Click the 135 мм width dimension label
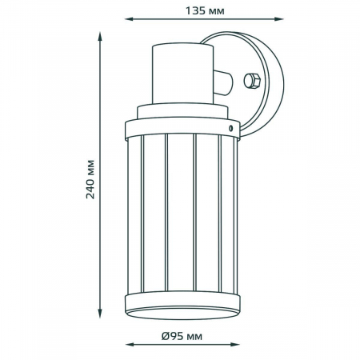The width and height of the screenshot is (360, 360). pyautogui.click(x=205, y=11)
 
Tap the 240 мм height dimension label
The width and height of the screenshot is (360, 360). pyautogui.click(x=90, y=179)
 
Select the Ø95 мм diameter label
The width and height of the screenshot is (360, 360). pyautogui.click(x=182, y=336)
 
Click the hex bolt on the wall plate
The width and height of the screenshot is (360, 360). pyautogui.click(x=252, y=81)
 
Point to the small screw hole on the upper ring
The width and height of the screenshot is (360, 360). pyautogui.click(x=231, y=128)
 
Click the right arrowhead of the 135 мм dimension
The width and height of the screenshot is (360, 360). pyautogui.click(x=279, y=19)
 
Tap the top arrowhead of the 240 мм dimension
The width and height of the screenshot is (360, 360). pyautogui.click(x=100, y=37)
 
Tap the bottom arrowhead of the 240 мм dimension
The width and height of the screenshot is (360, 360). pyautogui.click(x=100, y=314)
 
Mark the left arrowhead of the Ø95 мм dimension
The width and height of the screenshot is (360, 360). pyautogui.click(x=130, y=345)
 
